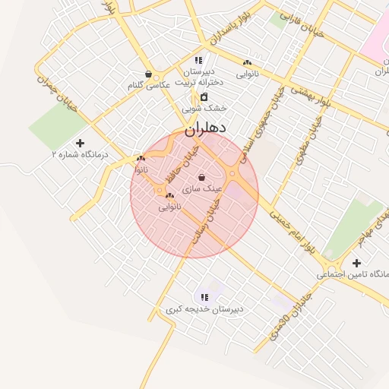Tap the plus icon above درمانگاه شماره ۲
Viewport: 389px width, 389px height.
(x=81, y=142)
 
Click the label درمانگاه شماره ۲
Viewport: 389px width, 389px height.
(x=80, y=154)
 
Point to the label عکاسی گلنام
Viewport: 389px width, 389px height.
(x=149, y=86)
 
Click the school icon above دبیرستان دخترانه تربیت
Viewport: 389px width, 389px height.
(x=198, y=59)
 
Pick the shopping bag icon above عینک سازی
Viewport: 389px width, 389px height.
(x=201, y=177)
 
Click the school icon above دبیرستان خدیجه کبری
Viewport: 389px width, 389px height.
(x=204, y=297)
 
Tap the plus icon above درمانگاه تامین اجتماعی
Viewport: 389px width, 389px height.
(x=356, y=262)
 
